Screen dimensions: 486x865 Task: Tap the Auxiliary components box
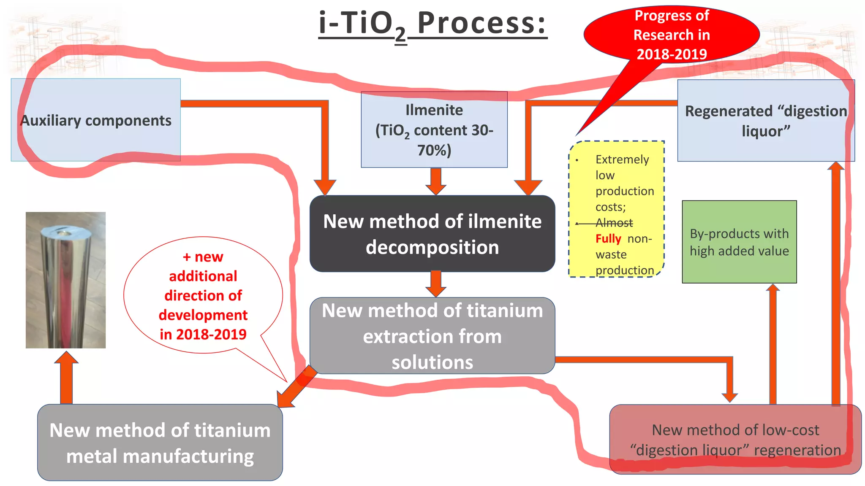96,120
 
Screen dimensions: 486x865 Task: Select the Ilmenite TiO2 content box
434,130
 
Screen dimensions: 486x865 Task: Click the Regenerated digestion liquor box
766,121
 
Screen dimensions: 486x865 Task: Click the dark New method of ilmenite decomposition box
432,234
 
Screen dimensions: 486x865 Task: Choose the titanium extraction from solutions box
432,336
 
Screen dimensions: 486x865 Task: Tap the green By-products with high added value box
739,242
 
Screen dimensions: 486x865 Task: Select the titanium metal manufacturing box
160,443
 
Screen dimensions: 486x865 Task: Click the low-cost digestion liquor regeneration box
735,440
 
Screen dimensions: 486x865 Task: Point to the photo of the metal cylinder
65,280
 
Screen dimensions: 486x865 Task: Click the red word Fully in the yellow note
608,239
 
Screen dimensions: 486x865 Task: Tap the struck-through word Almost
614,223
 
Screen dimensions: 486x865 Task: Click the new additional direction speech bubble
203,295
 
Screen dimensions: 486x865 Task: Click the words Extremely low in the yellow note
622,167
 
